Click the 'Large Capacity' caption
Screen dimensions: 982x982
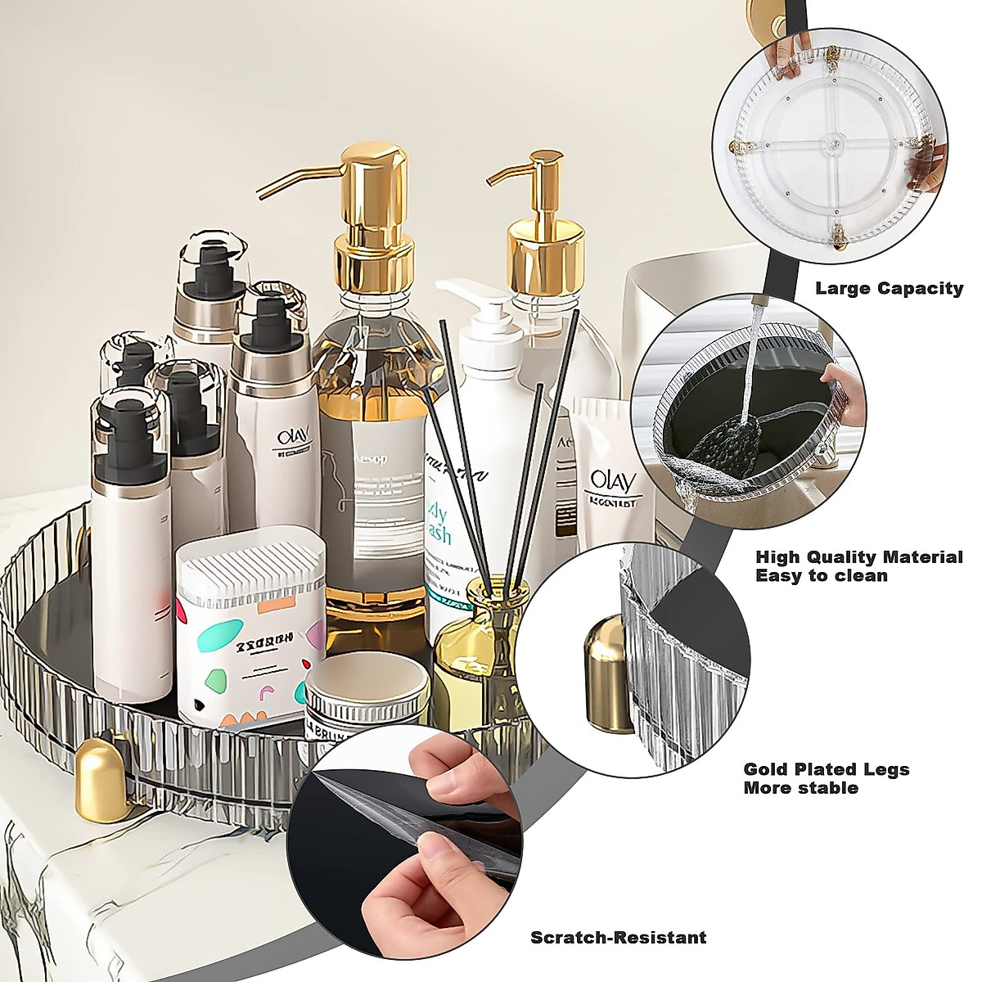[x=889, y=288]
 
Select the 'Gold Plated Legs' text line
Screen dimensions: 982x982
[x=827, y=769]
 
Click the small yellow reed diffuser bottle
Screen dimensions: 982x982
[x=475, y=646]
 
